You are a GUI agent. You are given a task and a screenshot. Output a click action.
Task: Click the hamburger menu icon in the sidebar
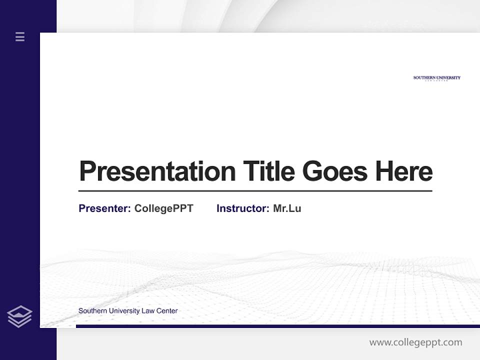click(x=20, y=36)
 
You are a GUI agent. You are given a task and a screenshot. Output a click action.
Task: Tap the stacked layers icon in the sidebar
click(x=19, y=316)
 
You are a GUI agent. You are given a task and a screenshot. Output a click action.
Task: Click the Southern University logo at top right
click(x=436, y=78)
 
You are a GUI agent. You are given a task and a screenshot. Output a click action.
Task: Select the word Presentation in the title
click(x=157, y=171)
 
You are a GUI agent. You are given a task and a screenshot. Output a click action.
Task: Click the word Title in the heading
click(x=269, y=171)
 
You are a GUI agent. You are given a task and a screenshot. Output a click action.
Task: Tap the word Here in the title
click(x=404, y=171)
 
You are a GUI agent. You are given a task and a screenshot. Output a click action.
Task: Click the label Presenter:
click(x=105, y=208)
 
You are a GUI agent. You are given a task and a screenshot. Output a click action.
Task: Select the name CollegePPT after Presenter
click(x=163, y=208)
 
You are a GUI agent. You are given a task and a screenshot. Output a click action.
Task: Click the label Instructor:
click(x=243, y=208)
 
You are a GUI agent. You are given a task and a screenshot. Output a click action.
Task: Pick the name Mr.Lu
click(x=287, y=208)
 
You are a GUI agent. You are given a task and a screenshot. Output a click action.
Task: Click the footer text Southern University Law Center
click(x=128, y=311)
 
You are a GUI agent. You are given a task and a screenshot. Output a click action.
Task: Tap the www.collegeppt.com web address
click(x=415, y=342)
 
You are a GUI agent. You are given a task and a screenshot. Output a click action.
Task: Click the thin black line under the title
click(x=255, y=191)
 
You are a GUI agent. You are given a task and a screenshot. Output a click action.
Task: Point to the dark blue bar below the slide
click(x=277, y=326)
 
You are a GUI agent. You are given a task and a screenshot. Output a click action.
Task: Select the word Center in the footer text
click(x=167, y=311)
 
